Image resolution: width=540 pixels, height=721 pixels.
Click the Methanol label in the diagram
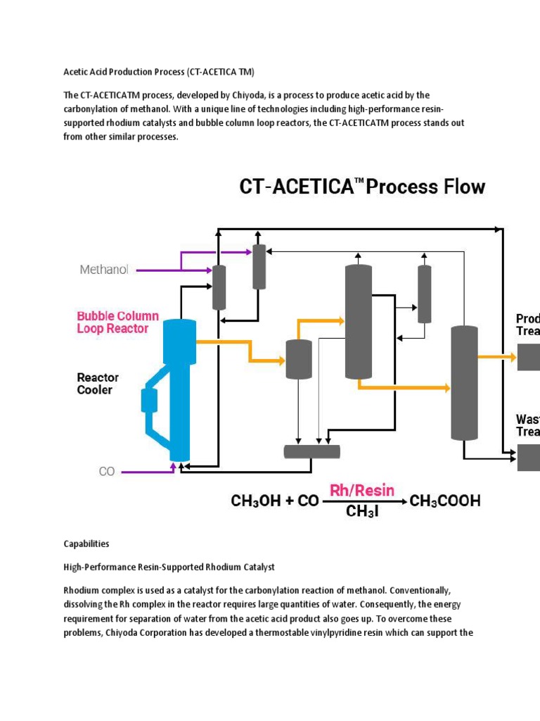point(104,270)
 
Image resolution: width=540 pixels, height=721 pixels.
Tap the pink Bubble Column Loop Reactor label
point(117,322)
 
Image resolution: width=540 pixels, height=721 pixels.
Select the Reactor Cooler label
point(98,384)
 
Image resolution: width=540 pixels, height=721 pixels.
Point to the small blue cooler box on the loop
point(149,400)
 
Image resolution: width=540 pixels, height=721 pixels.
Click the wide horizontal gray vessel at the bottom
point(311,451)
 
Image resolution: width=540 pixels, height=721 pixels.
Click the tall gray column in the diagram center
point(358,320)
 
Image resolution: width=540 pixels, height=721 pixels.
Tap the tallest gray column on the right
point(463,382)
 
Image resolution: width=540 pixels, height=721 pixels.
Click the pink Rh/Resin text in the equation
point(362,490)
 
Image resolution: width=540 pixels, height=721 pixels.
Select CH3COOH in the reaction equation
point(445,501)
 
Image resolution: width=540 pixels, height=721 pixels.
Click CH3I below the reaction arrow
point(362,512)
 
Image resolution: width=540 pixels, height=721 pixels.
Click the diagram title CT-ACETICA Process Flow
point(362,187)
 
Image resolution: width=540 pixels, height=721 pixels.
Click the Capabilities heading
point(86,544)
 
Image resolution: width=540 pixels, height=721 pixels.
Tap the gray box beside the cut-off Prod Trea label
point(529,357)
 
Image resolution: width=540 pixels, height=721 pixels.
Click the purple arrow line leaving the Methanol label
point(158,270)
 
